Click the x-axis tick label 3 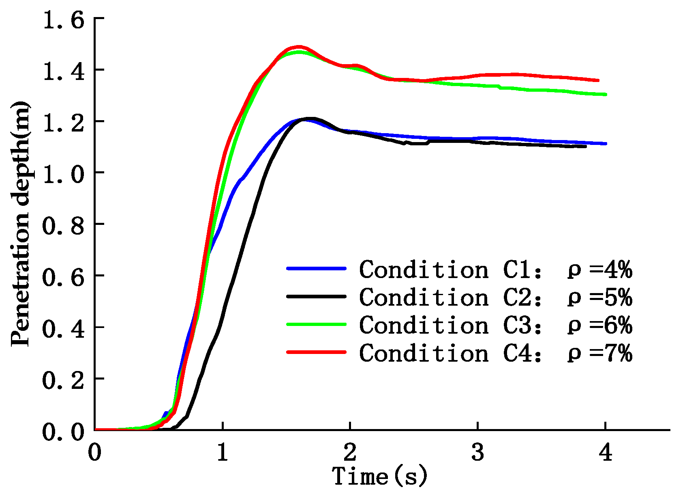[x=478, y=452]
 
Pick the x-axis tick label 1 [x=222, y=452]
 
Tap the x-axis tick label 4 [x=606, y=452]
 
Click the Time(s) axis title [x=380, y=476]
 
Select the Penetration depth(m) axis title [x=20, y=224]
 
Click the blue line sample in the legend [x=316, y=268]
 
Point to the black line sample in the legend [x=316, y=296]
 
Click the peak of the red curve [x=299, y=47]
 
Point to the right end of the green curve [x=606, y=95]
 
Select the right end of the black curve [x=585, y=146]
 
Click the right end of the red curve [x=598, y=80]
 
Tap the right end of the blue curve [x=606, y=143]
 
